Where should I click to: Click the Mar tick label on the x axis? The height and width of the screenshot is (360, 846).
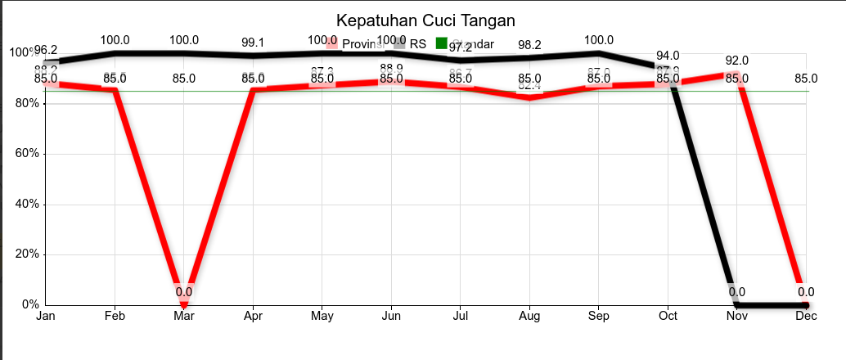pos(184,316)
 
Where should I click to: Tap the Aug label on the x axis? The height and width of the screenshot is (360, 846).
pos(529,316)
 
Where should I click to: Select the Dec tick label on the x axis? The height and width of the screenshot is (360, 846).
pos(806,316)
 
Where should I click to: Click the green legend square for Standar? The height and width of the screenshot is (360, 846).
pos(442,43)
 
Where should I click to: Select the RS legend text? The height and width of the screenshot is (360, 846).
pos(418,43)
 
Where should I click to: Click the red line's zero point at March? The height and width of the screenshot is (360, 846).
pos(184,304)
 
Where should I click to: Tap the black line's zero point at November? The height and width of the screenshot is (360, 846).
pos(736,304)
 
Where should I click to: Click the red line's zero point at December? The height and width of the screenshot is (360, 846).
pos(806,304)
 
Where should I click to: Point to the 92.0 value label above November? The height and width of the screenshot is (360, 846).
pos(736,61)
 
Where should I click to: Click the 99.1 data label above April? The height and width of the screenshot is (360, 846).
pos(253,42)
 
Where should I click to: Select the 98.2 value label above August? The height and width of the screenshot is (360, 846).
pos(530,44)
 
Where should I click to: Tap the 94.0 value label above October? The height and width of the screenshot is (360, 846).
pos(668,56)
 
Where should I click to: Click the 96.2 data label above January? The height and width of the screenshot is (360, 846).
pos(46,50)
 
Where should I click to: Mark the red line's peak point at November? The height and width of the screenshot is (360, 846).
pos(736,74)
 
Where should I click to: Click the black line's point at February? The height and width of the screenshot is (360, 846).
pos(115,53)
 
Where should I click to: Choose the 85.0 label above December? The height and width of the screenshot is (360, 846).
pos(806,79)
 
